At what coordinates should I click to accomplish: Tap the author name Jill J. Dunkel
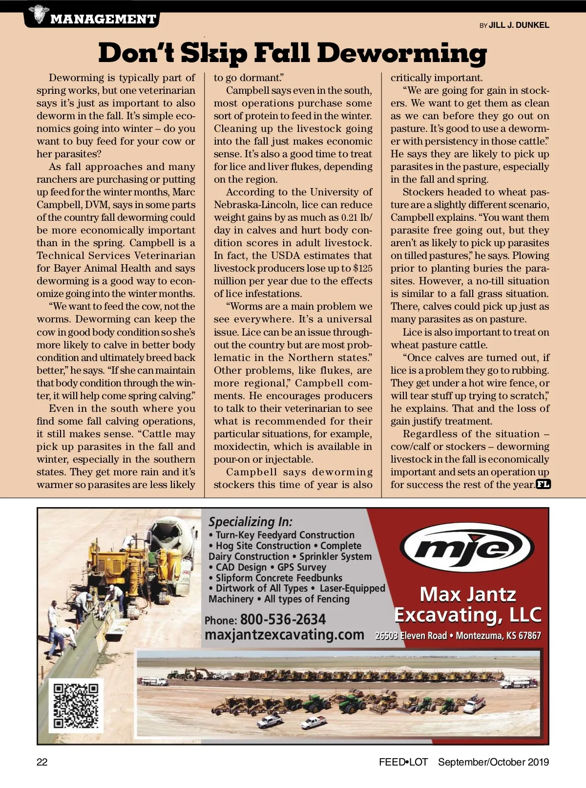(519, 25)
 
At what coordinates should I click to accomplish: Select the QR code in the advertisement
(76, 706)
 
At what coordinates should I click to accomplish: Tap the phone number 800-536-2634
(283, 619)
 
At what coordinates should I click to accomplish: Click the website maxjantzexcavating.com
(284, 635)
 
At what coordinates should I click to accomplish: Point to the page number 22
(42, 762)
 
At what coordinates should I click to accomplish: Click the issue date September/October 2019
(493, 762)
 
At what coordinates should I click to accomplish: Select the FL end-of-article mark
(544, 485)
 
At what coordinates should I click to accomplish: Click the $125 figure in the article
(362, 268)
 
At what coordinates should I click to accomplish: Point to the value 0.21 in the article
(350, 217)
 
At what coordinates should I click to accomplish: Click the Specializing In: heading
(251, 522)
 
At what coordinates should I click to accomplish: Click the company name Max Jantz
(467, 595)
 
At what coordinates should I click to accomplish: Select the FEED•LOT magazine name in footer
(403, 762)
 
